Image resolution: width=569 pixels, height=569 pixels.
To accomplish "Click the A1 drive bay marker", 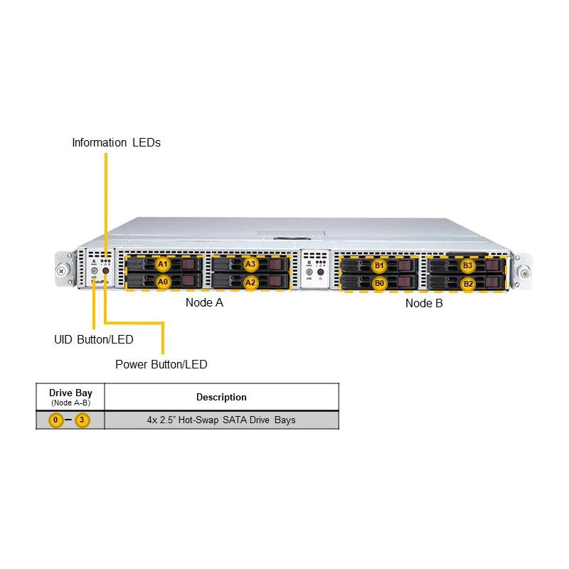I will [x=163, y=265].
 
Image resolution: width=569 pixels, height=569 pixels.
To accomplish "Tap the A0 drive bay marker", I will [x=163, y=282].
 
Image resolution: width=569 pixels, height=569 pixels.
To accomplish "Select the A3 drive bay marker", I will [x=250, y=265].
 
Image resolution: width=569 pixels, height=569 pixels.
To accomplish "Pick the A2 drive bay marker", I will [x=250, y=282].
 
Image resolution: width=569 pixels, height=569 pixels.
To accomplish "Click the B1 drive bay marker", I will [x=380, y=266].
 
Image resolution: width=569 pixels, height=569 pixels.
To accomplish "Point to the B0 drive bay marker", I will [x=380, y=283].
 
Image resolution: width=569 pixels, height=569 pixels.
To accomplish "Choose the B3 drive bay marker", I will [x=467, y=266].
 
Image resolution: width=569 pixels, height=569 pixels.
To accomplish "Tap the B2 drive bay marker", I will [x=467, y=283].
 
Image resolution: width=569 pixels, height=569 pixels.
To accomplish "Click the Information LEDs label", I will [x=116, y=142].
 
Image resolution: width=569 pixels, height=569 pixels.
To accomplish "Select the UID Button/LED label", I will [x=94, y=340].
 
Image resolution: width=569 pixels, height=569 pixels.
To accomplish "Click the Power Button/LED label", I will [x=161, y=364].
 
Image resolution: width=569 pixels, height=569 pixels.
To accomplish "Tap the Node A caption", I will [x=204, y=302].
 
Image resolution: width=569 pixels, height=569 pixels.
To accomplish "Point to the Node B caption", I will [x=424, y=304].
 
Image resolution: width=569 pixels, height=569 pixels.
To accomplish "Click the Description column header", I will [x=221, y=397].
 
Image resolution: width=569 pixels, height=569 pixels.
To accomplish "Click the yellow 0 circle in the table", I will [x=56, y=420].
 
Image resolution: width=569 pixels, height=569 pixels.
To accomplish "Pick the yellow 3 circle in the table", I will [x=83, y=420].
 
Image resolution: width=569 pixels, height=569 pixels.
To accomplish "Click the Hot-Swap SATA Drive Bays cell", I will [x=221, y=420].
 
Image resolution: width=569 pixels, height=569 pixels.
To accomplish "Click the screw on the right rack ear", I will [x=524, y=271].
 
